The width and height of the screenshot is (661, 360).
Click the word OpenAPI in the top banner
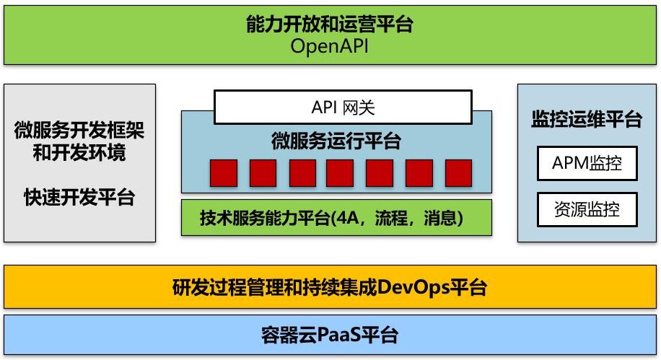click(x=329, y=46)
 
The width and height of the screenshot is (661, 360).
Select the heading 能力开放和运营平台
click(x=330, y=24)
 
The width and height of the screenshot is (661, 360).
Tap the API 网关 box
click(x=343, y=107)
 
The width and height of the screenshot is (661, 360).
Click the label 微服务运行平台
click(x=336, y=141)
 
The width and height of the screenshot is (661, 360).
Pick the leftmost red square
click(x=224, y=173)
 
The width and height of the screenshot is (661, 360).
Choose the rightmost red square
click(x=459, y=173)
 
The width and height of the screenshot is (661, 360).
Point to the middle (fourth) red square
click(x=340, y=173)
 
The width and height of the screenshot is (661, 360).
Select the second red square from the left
click(x=263, y=173)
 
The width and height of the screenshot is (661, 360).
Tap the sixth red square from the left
click(x=419, y=173)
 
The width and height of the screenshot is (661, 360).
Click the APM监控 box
click(x=587, y=163)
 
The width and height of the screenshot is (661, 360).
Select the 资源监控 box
click(x=587, y=209)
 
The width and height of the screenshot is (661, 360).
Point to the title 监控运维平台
click(x=587, y=119)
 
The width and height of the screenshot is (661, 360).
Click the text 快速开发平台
click(x=79, y=197)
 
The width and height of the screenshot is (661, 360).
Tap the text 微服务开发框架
click(x=79, y=130)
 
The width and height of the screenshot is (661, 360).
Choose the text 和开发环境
click(x=79, y=152)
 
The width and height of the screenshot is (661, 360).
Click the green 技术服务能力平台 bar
click(x=336, y=218)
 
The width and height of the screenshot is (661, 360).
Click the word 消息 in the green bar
click(x=440, y=218)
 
